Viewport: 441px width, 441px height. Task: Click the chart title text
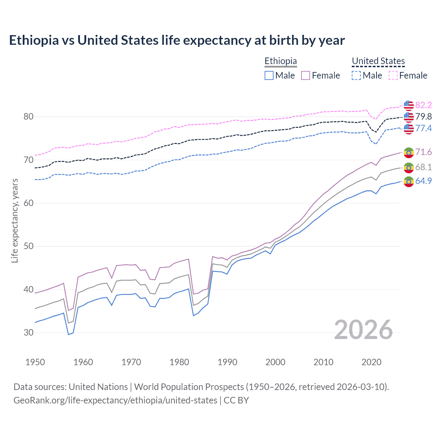[177, 40]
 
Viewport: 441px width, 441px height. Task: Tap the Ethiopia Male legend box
[269, 75]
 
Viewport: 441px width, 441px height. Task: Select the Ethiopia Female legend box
[306, 75]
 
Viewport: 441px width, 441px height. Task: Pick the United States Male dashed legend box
[356, 75]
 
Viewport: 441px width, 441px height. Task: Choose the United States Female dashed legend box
[393, 75]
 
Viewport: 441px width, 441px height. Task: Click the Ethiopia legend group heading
[280, 61]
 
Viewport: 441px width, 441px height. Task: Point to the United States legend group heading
[378, 61]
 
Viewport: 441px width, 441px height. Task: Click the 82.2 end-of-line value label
[423, 105]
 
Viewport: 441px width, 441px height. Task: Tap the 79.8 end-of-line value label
[423, 117]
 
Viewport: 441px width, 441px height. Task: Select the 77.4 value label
[423, 129]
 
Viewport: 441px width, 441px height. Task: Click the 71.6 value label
[423, 152]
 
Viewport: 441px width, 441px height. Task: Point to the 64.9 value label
[423, 181]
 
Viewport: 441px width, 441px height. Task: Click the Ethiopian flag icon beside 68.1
[409, 168]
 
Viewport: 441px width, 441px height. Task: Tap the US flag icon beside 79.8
[409, 117]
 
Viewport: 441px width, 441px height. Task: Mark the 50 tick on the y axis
[29, 246]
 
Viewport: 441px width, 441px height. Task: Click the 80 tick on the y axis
[29, 117]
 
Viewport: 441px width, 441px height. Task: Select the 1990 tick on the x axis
[227, 362]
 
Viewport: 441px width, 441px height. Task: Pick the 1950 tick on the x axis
[35, 362]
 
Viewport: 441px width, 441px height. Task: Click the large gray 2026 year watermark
[363, 330]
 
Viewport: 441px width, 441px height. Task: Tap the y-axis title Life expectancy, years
[15, 220]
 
